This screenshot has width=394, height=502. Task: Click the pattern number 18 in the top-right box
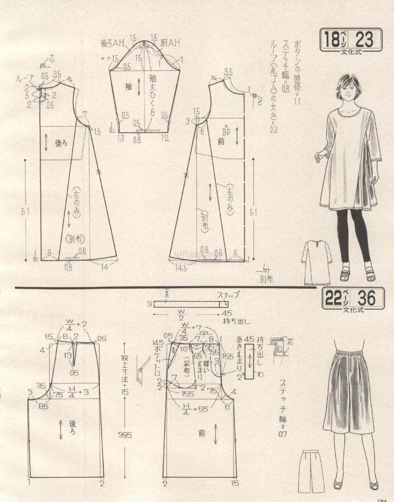pos(331,40)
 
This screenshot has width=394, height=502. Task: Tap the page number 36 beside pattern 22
pos(364,298)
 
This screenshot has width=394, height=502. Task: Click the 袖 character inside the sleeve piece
pos(129,86)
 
